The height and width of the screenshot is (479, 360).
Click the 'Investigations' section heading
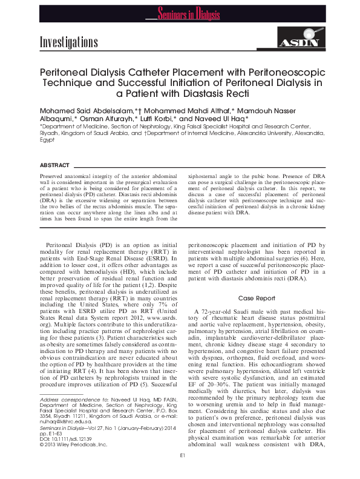pos(68,42)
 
